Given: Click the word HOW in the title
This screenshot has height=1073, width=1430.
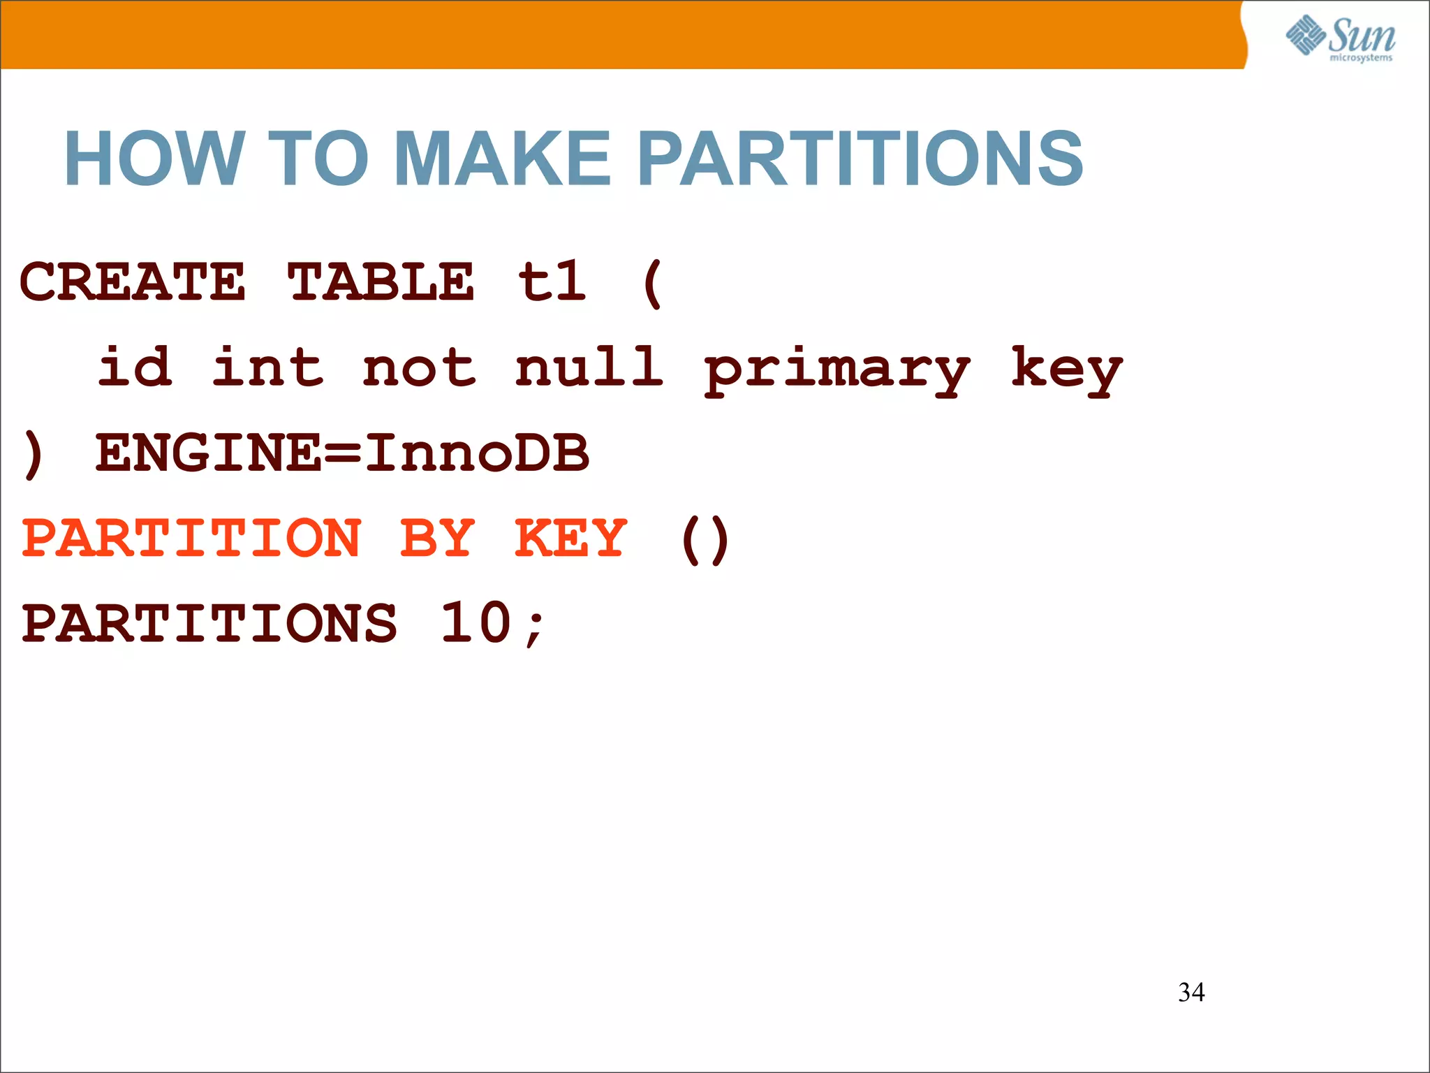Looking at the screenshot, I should coord(154,159).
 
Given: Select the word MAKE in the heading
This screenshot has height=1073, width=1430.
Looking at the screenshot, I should coord(502,159).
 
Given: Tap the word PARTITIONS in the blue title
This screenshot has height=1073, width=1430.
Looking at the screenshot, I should coord(860,159).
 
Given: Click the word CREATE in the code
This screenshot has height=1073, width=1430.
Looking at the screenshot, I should coord(133,282).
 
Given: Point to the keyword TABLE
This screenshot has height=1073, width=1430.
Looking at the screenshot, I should coord(381,282).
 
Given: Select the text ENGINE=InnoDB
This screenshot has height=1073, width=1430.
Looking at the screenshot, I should coord(342,453).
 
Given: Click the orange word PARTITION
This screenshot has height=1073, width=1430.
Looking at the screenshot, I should coord(191,538).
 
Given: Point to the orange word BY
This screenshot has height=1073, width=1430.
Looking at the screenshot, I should coord(438,538).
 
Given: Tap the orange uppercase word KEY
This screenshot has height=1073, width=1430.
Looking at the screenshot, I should coord(570,538).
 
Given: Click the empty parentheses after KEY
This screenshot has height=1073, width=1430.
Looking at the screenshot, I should coord(705,539).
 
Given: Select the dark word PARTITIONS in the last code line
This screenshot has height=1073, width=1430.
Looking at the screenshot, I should coord(209,623).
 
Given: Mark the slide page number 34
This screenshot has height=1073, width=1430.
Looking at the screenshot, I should coord(1191,992).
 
